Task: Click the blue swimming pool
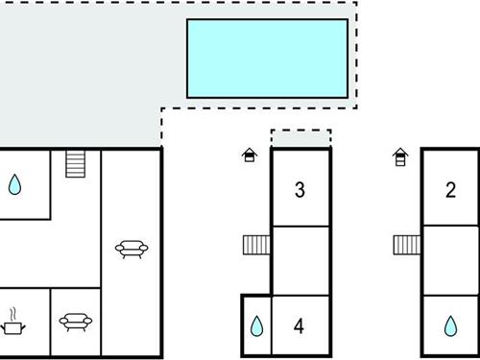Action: [267, 58]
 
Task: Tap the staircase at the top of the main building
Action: [76, 164]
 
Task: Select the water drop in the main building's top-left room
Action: [15, 184]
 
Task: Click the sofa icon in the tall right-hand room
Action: [131, 250]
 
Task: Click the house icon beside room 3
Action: [250, 155]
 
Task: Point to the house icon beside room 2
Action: [399, 155]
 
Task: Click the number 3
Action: [300, 190]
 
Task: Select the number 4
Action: [300, 327]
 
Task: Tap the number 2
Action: [450, 190]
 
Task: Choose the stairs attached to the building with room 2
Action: [407, 246]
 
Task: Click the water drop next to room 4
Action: [256, 327]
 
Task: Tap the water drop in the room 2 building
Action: [450, 327]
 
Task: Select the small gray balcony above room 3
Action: [300, 139]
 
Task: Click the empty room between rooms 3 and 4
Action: [300, 259]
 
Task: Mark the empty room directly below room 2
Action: [450, 259]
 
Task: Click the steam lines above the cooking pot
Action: [13, 313]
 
